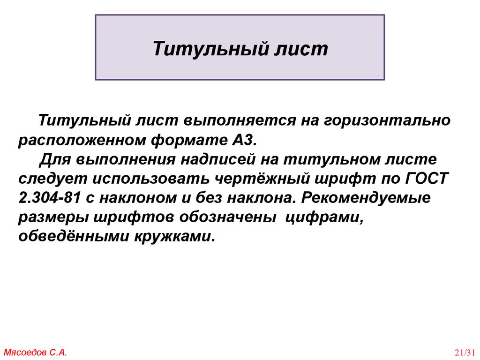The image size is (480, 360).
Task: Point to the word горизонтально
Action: (x=385, y=120)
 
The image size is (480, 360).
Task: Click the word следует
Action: (x=52, y=179)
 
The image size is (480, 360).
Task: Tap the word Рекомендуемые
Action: (x=366, y=198)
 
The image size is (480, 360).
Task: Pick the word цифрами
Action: (x=325, y=217)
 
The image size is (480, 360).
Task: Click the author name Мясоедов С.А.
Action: (x=36, y=352)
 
